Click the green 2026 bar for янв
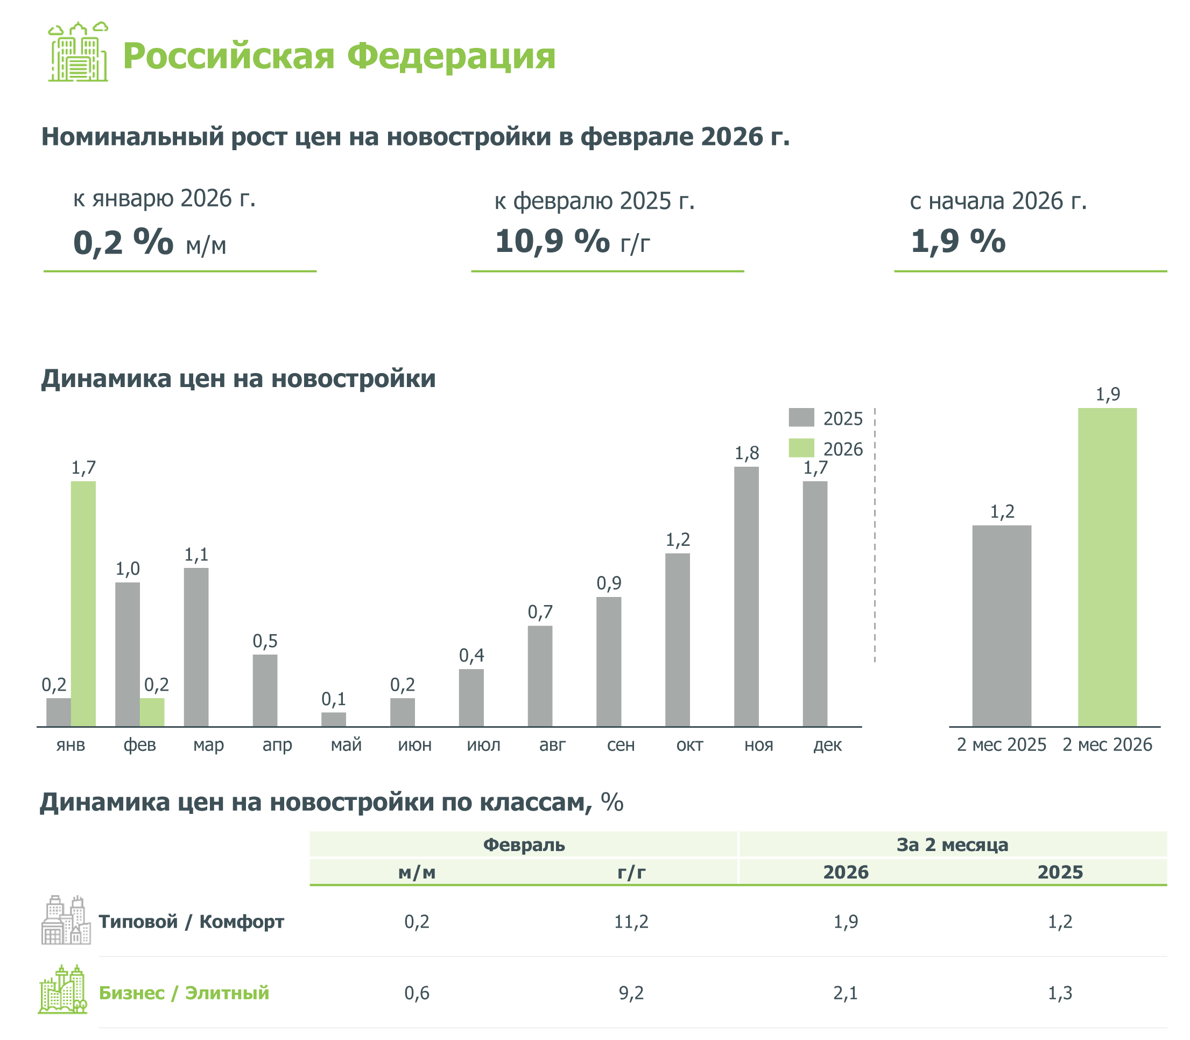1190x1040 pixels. point(83,603)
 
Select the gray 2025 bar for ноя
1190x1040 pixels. point(745,596)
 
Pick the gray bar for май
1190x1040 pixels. point(334,719)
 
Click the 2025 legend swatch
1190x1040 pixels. point(801,418)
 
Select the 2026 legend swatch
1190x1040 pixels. point(801,448)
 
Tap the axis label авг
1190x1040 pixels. point(552,744)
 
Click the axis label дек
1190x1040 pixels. point(827,744)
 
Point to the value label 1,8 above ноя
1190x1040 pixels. point(746,453)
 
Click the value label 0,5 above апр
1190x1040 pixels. point(265,641)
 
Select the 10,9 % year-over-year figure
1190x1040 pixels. point(552,241)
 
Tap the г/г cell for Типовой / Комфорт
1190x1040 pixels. point(631,921)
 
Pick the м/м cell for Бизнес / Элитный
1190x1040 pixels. point(417,993)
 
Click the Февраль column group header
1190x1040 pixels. point(524,845)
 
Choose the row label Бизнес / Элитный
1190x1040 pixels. point(184,993)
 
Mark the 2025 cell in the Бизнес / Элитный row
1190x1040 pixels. point(1060,993)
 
